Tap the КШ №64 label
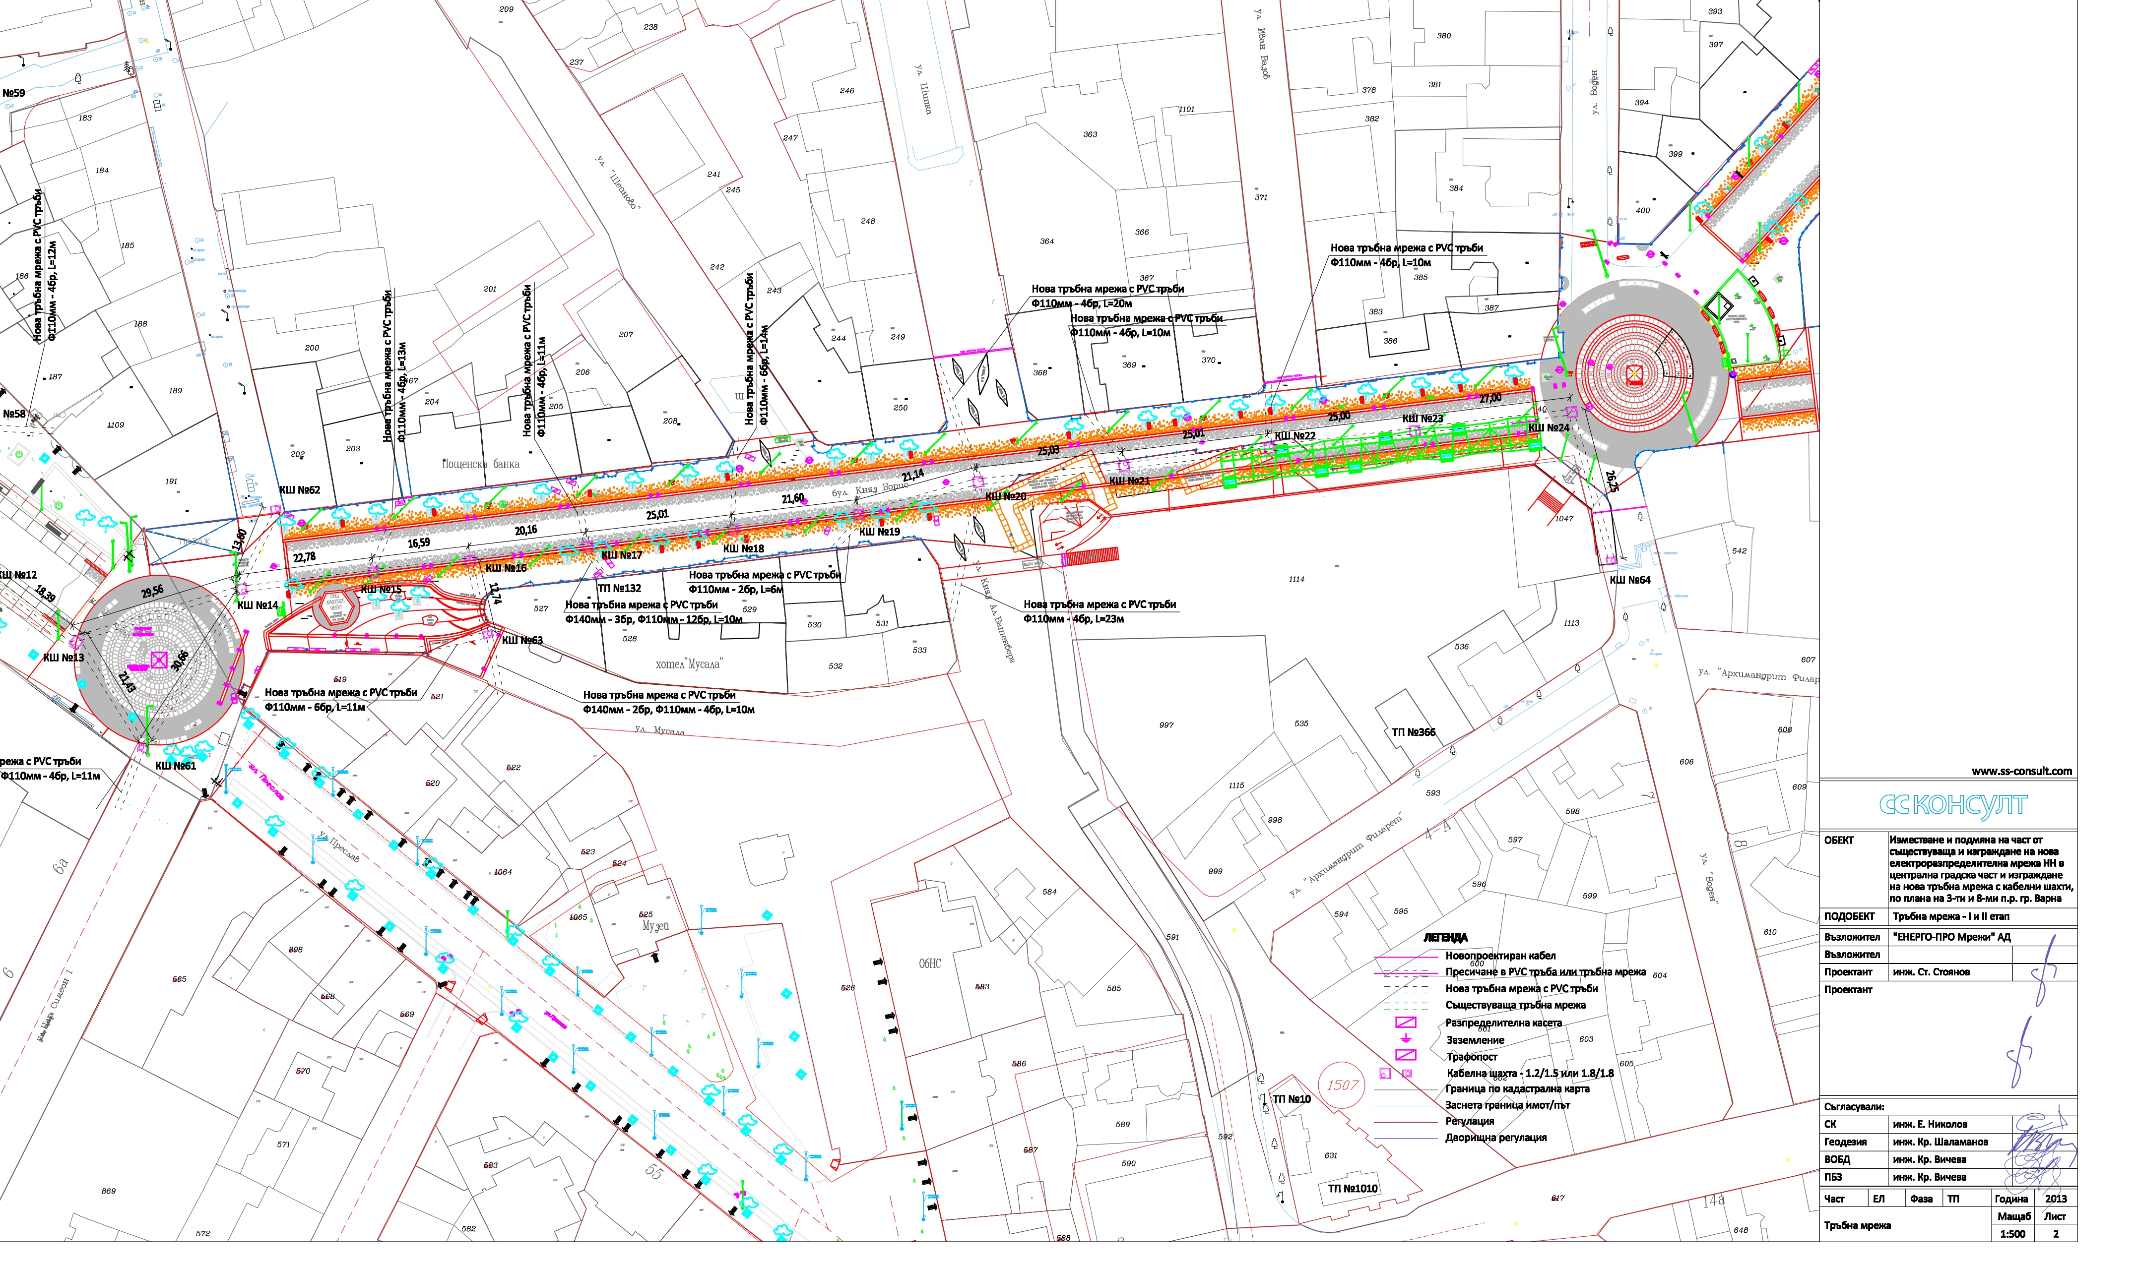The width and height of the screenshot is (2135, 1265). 1629,580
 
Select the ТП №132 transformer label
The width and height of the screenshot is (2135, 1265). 619,588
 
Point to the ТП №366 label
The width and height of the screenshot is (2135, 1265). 1414,732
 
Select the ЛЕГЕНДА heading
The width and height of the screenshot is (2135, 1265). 1445,938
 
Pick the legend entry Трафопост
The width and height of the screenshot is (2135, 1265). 1472,1057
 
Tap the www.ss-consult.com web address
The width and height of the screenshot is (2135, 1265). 2021,772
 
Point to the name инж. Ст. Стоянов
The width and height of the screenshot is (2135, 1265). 1931,972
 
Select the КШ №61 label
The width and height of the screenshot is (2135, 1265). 176,766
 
